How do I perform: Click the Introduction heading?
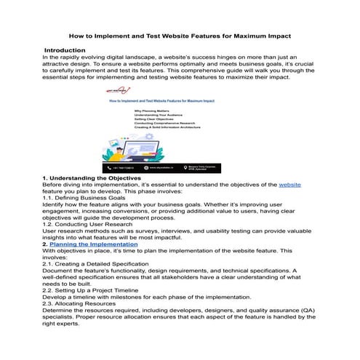pos(65,49)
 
